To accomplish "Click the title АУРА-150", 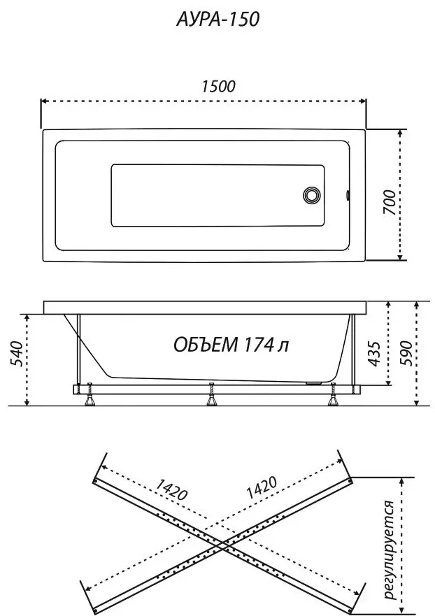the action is tap(217, 20).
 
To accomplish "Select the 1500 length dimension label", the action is tap(218, 87).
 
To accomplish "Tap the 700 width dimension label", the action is tap(390, 202).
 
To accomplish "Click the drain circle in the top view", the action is tap(312, 195).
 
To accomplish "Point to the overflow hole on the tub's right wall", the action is tap(348, 195).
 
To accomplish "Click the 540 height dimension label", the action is tap(16, 354).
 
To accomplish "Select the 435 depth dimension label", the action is tap(374, 354).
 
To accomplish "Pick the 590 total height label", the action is tap(406, 354).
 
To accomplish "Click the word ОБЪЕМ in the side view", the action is tap(206, 345).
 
